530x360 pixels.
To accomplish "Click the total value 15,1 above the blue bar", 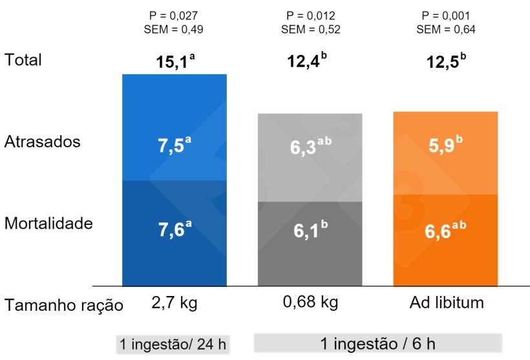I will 175,63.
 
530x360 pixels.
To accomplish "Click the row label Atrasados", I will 42,142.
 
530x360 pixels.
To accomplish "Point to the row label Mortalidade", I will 48,224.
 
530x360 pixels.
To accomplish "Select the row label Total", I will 23,60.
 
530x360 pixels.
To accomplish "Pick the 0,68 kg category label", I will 309,302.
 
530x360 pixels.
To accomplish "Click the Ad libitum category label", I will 445,302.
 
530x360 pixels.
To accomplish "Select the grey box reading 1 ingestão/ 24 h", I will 173,344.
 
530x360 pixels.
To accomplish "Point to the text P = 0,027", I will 175,16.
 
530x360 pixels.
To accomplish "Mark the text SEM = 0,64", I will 445,29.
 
